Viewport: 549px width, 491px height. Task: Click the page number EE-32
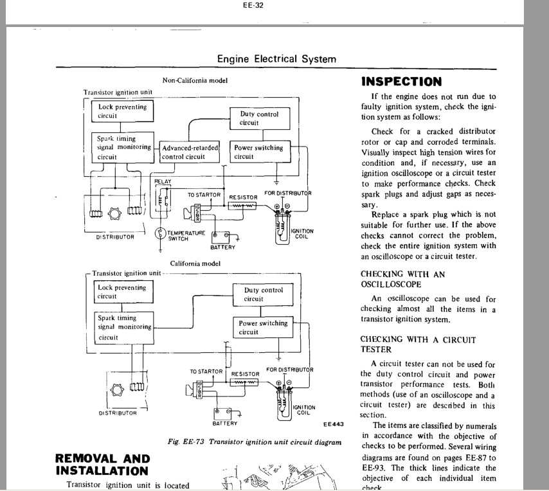(x=253, y=5)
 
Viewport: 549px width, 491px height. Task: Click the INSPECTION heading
(x=402, y=82)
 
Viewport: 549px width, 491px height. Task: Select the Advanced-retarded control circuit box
(x=190, y=152)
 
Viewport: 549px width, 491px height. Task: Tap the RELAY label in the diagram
(x=163, y=181)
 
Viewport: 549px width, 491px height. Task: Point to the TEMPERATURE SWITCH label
(x=186, y=235)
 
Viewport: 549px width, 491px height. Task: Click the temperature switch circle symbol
(x=160, y=233)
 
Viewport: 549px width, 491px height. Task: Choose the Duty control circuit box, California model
(x=263, y=295)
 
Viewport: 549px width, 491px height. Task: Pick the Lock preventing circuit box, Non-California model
(x=123, y=111)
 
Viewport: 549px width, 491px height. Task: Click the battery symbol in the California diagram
(x=222, y=414)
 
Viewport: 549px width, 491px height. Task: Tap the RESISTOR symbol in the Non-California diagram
(x=242, y=206)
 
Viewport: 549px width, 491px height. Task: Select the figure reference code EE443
(x=333, y=424)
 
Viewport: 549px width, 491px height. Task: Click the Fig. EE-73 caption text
(x=255, y=442)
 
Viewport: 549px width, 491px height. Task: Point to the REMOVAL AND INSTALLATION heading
(x=103, y=465)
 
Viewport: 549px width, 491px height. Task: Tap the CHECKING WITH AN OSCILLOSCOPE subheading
(x=402, y=279)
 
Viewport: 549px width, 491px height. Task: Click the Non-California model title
(x=195, y=80)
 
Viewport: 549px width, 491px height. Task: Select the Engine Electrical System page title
(x=276, y=58)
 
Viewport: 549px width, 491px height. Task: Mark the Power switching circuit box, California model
(x=263, y=328)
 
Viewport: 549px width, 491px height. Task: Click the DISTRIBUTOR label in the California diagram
(x=118, y=413)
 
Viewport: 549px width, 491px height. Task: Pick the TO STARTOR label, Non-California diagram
(x=204, y=195)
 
